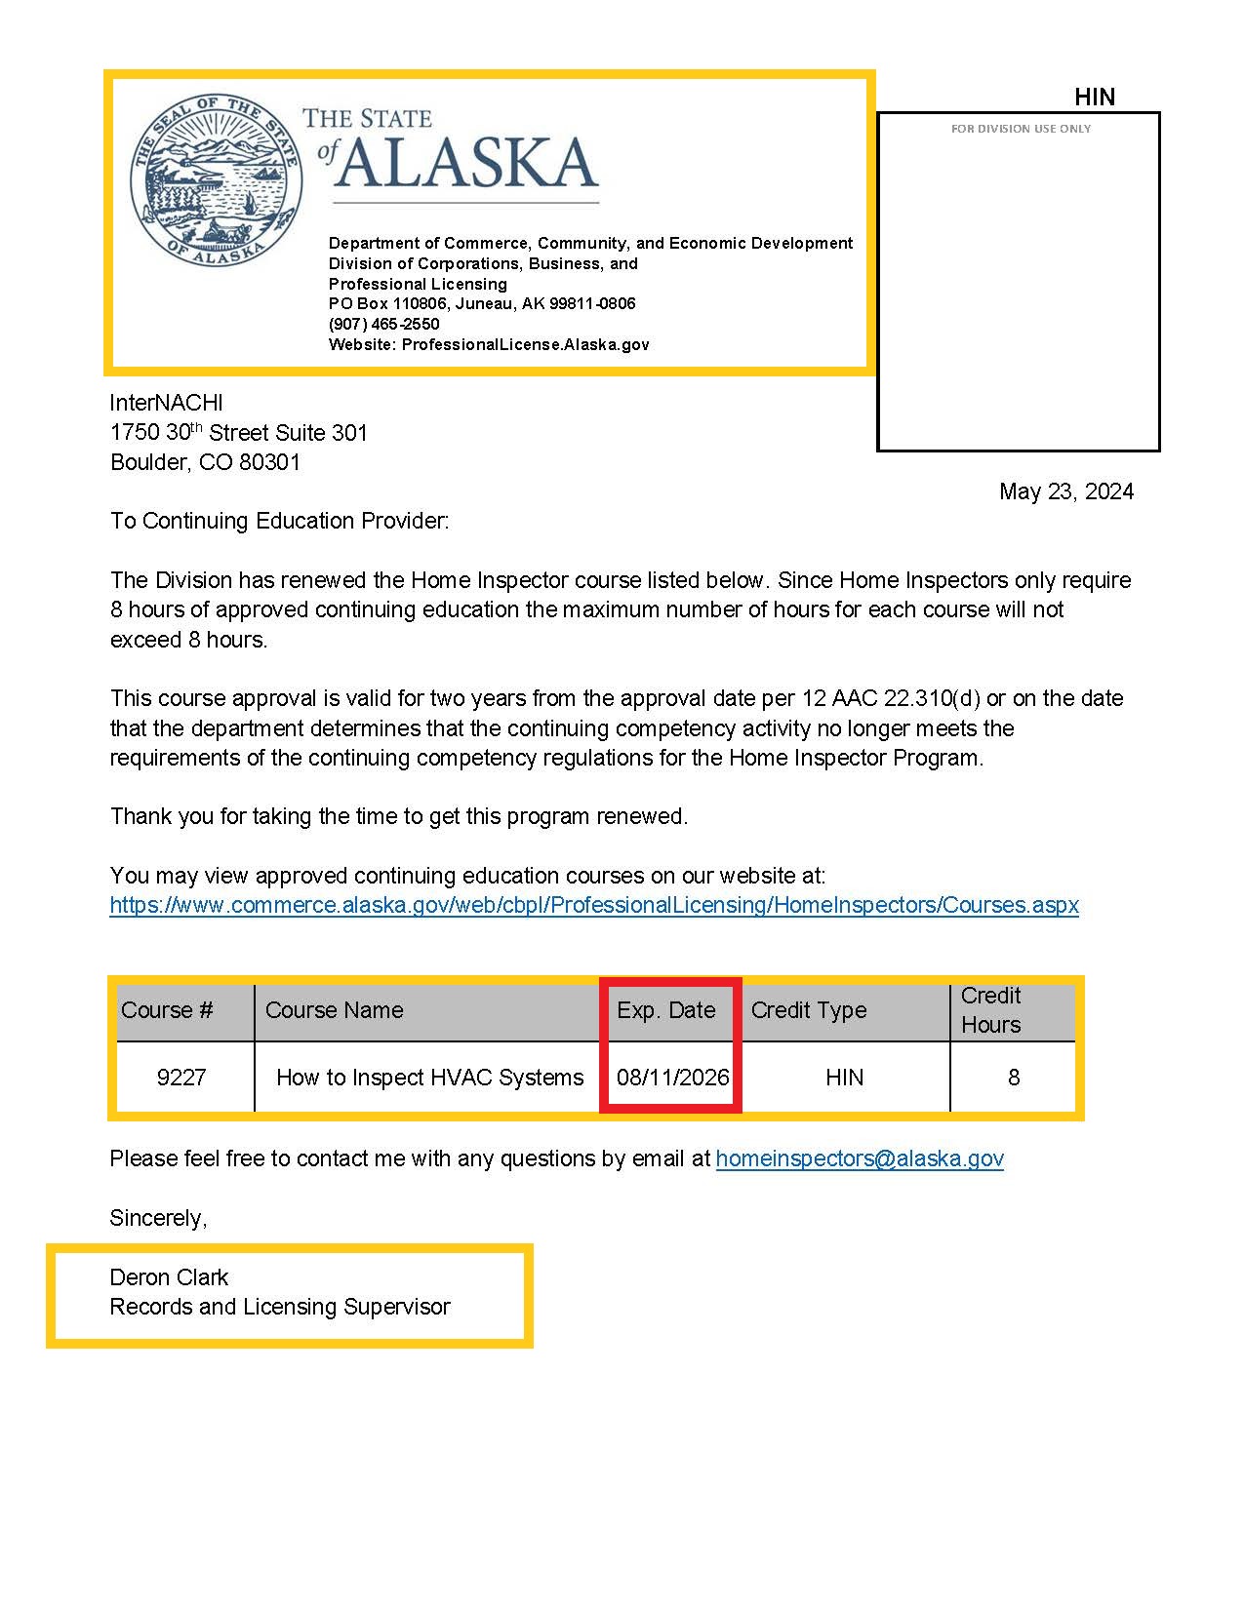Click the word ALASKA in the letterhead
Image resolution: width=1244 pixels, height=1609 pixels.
pyautogui.click(x=467, y=162)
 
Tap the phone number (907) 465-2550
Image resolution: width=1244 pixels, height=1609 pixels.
pyautogui.click(x=384, y=324)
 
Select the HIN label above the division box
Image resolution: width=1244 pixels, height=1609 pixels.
pyautogui.click(x=1094, y=97)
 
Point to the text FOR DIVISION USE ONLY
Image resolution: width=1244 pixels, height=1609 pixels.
pyautogui.click(x=1021, y=129)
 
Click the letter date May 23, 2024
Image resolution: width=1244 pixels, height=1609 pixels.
pyautogui.click(x=1065, y=491)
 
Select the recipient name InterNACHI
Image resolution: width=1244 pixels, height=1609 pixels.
pyautogui.click(x=167, y=403)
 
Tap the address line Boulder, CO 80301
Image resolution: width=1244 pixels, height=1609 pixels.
pyautogui.click(x=206, y=462)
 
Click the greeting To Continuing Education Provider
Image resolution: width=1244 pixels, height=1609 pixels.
pyautogui.click(x=279, y=521)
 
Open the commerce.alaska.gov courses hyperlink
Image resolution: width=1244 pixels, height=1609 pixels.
pyautogui.click(x=594, y=905)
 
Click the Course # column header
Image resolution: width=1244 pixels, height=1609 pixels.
pyautogui.click(x=167, y=1010)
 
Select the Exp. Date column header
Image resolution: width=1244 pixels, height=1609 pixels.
pyautogui.click(x=666, y=1010)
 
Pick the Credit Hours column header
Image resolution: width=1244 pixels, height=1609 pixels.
pyautogui.click(x=990, y=1010)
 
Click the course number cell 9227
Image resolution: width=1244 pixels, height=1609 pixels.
pyautogui.click(x=181, y=1078)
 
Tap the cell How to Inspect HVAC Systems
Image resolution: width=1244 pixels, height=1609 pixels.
pyautogui.click(x=429, y=1078)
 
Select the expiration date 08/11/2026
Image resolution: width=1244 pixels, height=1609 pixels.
pyautogui.click(x=672, y=1078)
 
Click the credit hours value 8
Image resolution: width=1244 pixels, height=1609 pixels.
pyautogui.click(x=1014, y=1078)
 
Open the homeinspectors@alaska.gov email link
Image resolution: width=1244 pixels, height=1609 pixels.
pyautogui.click(x=860, y=1158)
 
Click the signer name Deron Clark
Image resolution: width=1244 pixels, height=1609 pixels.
pyautogui.click(x=169, y=1277)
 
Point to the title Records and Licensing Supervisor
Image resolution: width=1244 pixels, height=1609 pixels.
pyautogui.click(x=280, y=1307)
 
